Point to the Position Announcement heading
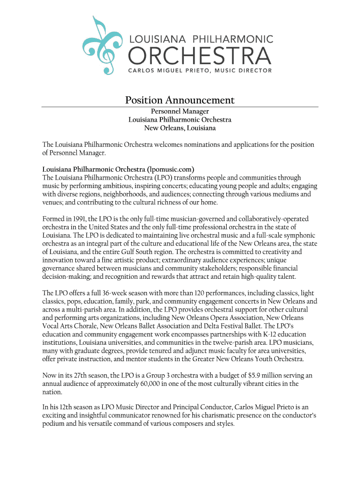pos(180,100)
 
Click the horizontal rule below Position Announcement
pos(180,107)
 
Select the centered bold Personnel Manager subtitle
pos(180,111)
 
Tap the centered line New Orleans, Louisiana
pos(180,128)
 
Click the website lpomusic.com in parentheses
pos(170,169)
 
